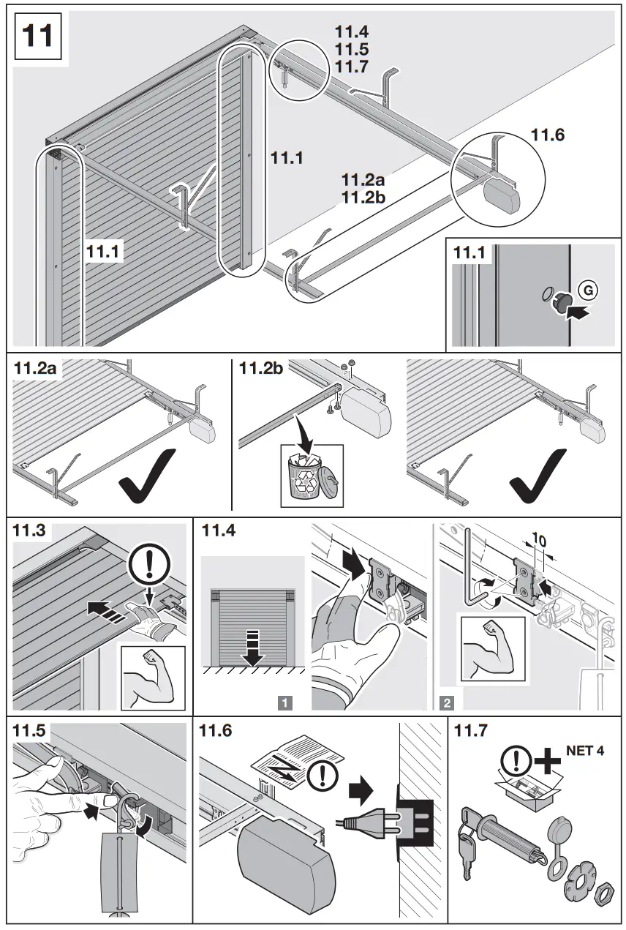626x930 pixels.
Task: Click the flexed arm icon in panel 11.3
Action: pyautogui.click(x=148, y=675)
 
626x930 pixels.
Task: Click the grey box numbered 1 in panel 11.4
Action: pyautogui.click(x=285, y=704)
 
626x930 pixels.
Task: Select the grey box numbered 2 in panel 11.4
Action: pyautogui.click(x=446, y=704)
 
